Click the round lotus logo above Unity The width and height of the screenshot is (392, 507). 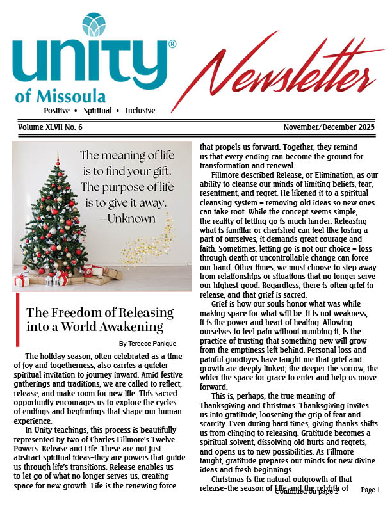pyautogui.click(x=95, y=24)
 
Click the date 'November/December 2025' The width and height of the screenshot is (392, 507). pyautogui.click(x=336, y=128)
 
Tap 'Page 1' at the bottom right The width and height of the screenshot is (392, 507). pyautogui.click(x=371, y=490)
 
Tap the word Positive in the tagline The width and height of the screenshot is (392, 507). pyautogui.click(x=57, y=110)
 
